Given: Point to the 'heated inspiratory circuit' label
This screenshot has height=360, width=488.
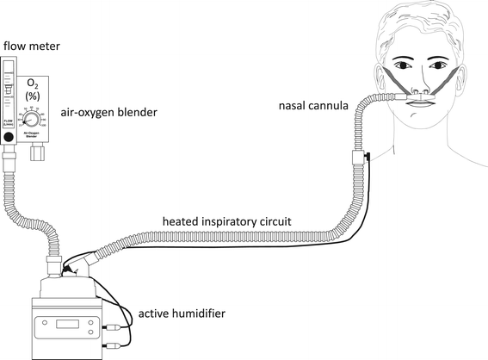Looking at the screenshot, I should (x=226, y=221).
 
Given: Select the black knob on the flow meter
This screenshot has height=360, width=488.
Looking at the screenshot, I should (x=9, y=138).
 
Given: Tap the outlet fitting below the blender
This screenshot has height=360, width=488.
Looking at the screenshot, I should (x=37, y=153).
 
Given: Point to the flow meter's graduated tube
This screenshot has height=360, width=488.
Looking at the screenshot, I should (x=9, y=95).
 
